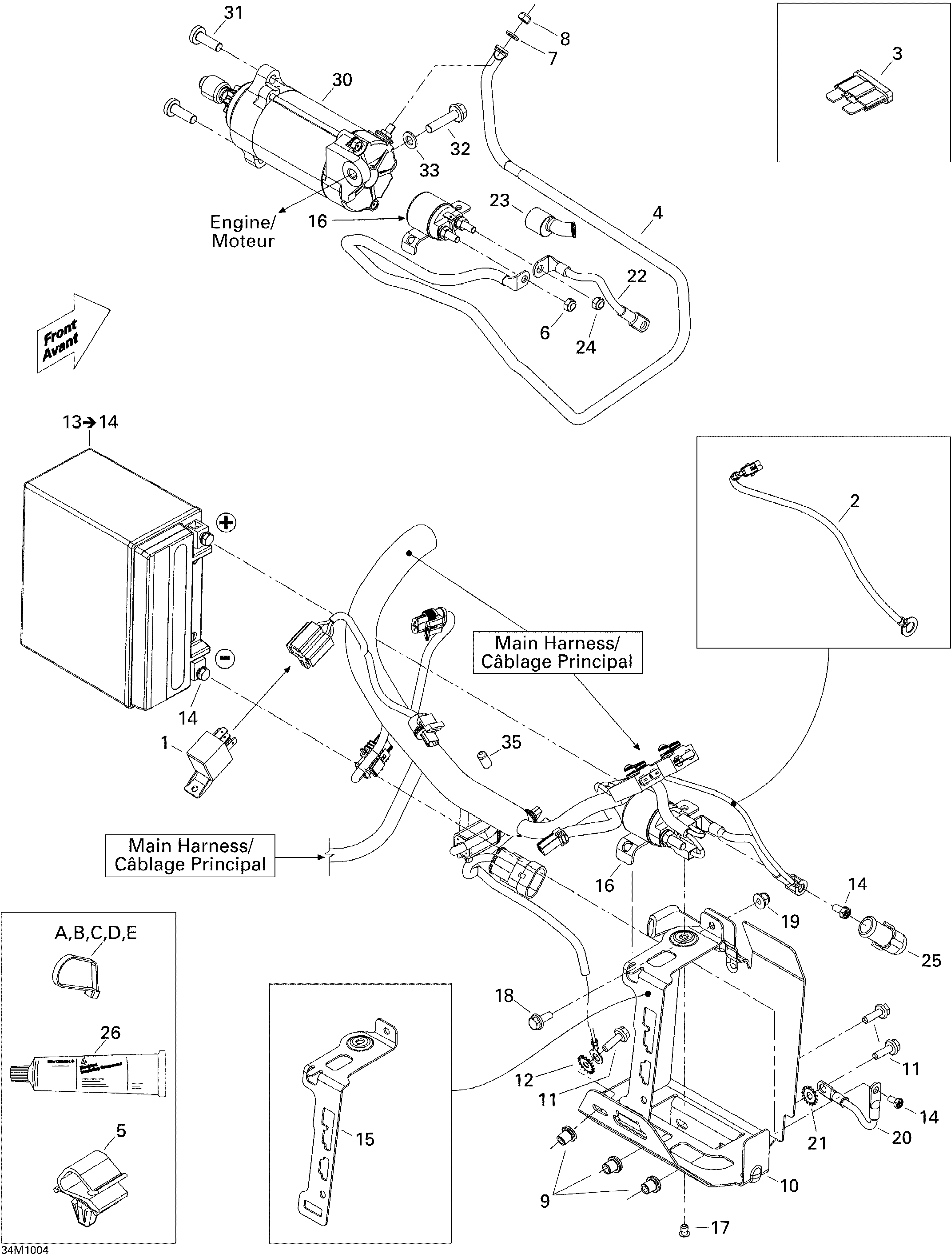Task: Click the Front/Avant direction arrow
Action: [x=73, y=333]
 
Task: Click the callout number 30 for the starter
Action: [x=342, y=80]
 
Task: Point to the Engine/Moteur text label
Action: [x=243, y=232]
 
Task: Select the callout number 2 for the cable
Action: [x=854, y=501]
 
